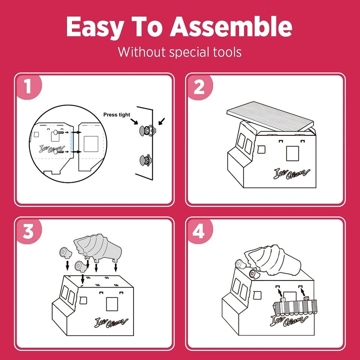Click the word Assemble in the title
tap(231, 27)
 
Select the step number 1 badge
tap(28, 87)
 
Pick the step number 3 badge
tap(28, 231)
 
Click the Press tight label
tap(117, 115)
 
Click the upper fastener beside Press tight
tap(147, 131)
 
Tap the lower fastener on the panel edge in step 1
tap(145, 160)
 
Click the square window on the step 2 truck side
tap(292, 153)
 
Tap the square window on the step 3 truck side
tap(112, 304)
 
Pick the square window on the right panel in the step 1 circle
tap(91, 144)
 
